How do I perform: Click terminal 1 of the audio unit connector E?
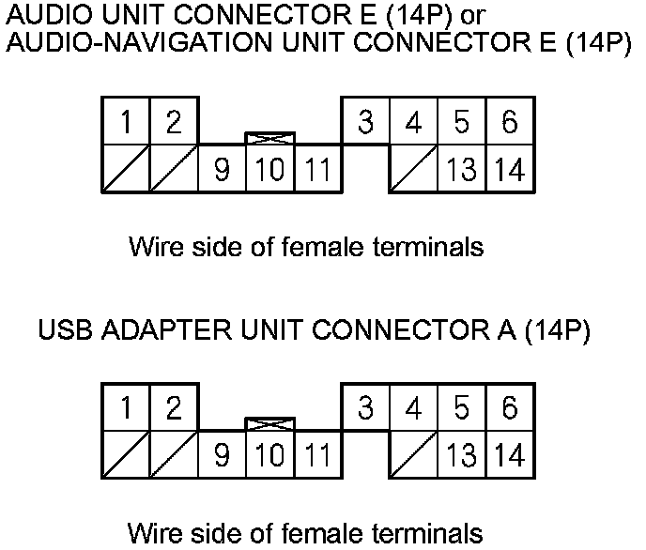point(126,121)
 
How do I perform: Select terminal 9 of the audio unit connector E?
point(222,169)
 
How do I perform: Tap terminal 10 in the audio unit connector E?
point(269,169)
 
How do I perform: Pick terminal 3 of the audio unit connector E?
point(365,121)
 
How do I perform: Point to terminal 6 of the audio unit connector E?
point(509,121)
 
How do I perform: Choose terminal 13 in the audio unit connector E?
point(461,169)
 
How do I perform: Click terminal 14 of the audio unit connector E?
point(509,169)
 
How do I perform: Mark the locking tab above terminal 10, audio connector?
point(269,139)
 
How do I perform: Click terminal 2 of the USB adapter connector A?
point(174,407)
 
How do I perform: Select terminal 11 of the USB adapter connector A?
point(317,455)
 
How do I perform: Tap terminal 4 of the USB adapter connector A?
point(413,407)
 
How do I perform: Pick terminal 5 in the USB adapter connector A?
point(461,407)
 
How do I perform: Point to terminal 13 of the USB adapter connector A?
point(461,455)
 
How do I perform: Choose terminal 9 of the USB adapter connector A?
point(222,455)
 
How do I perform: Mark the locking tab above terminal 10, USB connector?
point(269,424)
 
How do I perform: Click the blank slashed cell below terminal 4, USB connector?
point(413,455)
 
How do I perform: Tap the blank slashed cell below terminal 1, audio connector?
point(126,169)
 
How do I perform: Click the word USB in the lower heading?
point(69,331)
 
